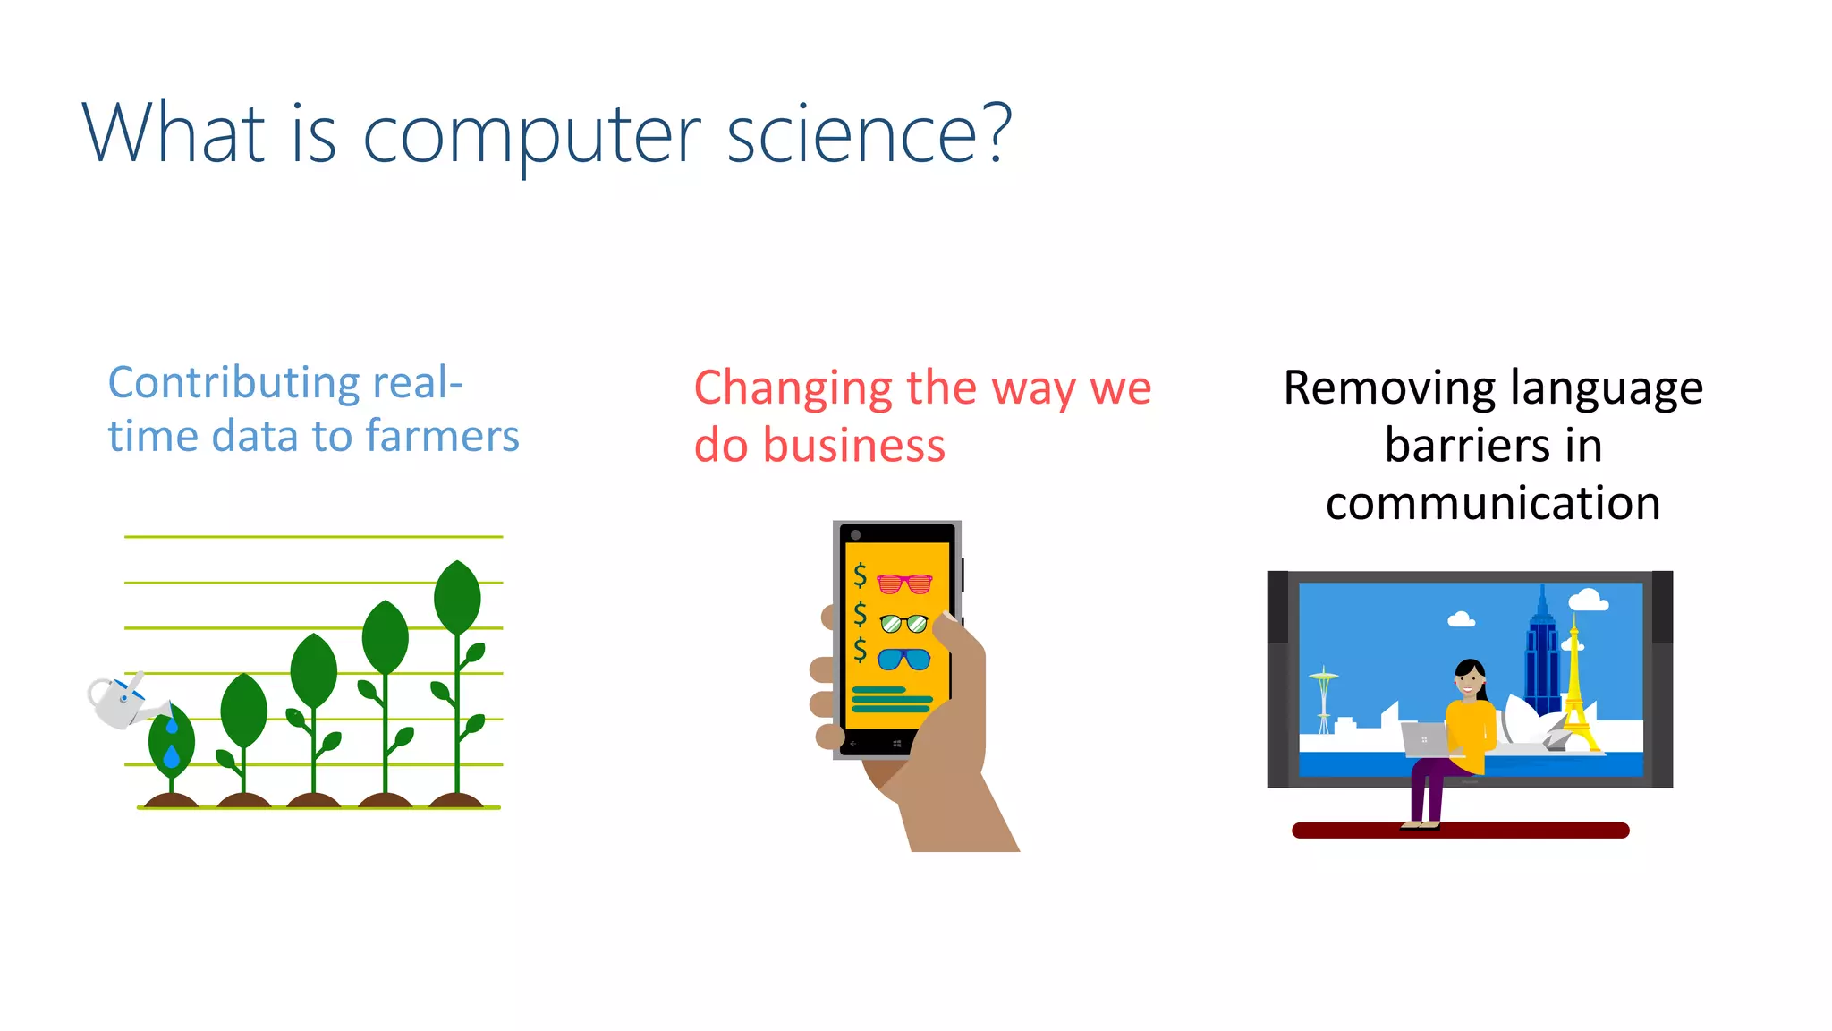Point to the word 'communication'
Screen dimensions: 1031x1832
pyautogui.click(x=1493, y=503)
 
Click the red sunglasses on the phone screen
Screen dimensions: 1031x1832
pyautogui.click(x=904, y=584)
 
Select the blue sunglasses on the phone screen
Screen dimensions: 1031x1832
pyautogui.click(x=903, y=660)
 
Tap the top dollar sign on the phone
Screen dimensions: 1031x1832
pyautogui.click(x=860, y=575)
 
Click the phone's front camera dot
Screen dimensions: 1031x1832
pyautogui.click(x=856, y=535)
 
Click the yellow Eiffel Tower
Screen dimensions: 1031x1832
pyautogui.click(x=1575, y=689)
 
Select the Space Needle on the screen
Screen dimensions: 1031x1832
pyautogui.click(x=1324, y=698)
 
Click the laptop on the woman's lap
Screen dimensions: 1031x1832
pyautogui.click(x=1425, y=740)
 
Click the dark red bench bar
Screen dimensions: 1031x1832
pyautogui.click(x=1460, y=831)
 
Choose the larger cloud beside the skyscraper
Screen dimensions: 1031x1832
pyautogui.click(x=1589, y=600)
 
